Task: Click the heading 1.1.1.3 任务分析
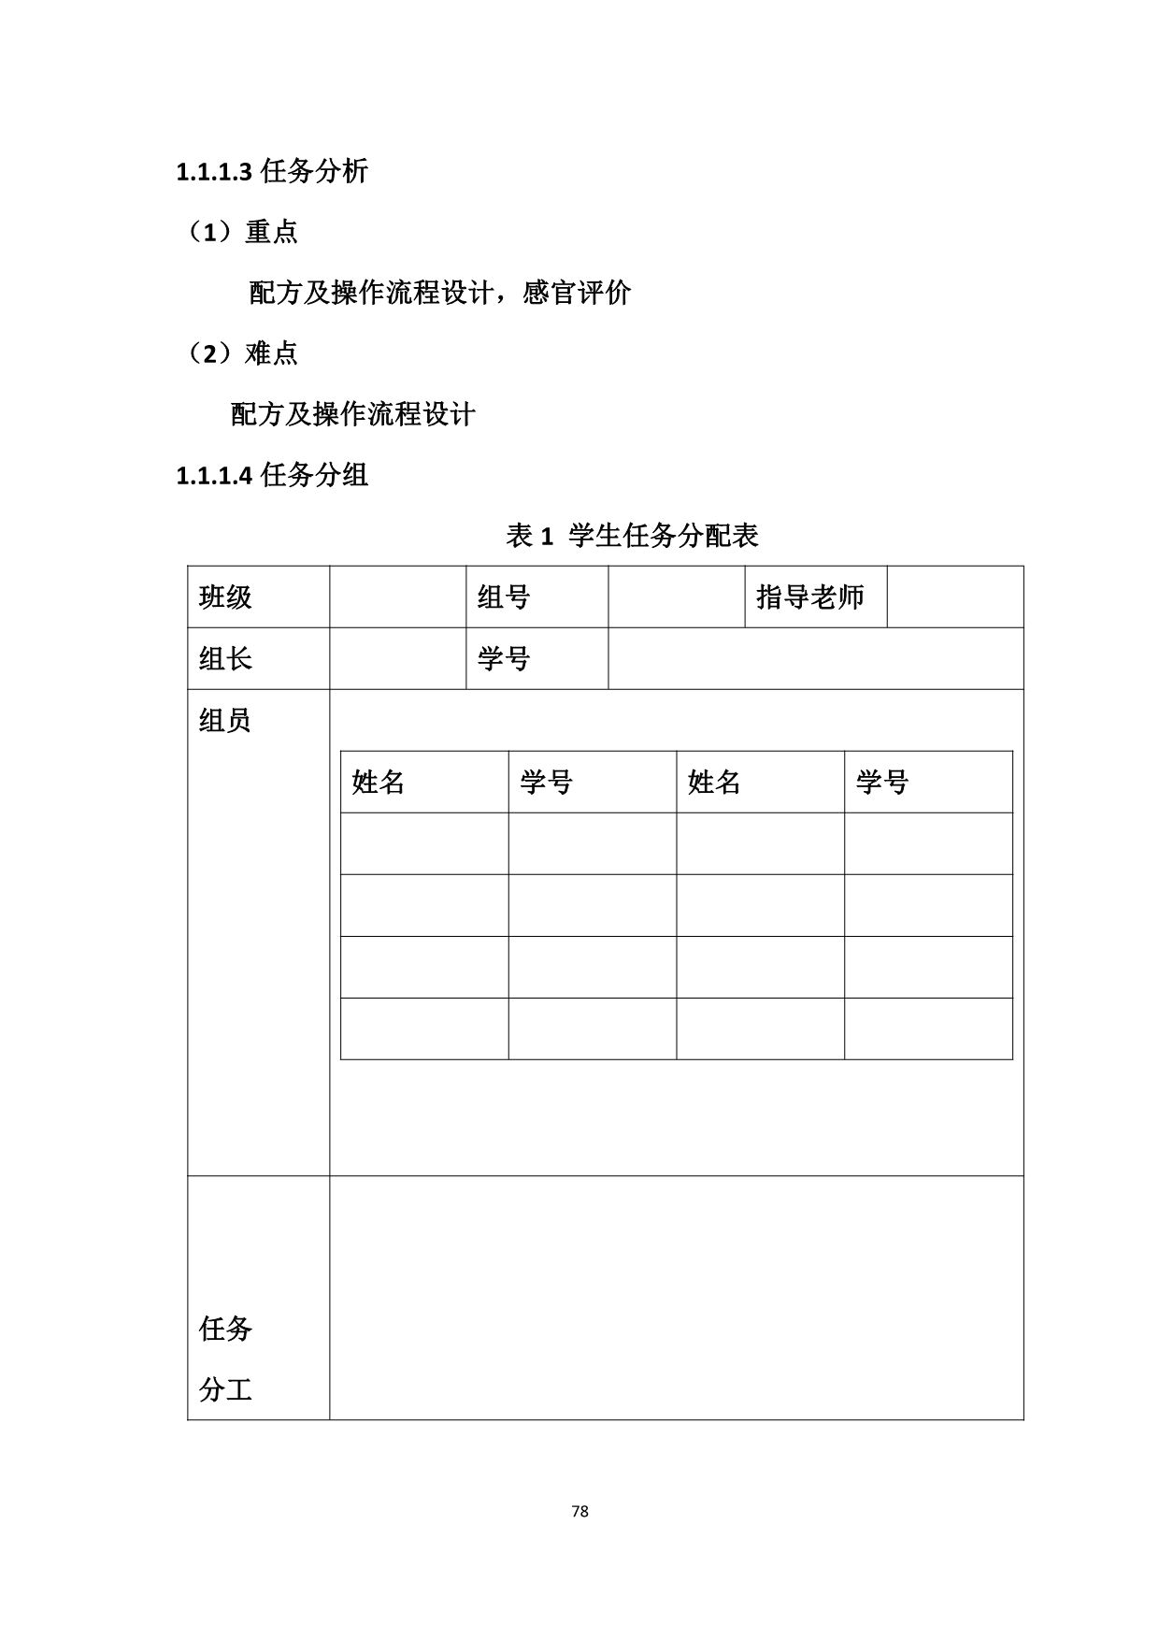(x=272, y=171)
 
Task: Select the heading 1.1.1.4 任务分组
(x=272, y=475)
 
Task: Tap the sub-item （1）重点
(x=243, y=231)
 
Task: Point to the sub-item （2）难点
(x=243, y=352)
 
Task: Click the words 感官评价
(x=577, y=293)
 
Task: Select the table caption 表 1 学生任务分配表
(x=632, y=536)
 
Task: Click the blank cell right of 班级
(x=397, y=597)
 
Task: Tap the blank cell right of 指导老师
(x=954, y=597)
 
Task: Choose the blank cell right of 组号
(x=676, y=597)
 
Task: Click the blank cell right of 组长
(x=397, y=659)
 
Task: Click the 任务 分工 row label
(x=225, y=1359)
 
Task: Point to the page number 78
(x=579, y=1512)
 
